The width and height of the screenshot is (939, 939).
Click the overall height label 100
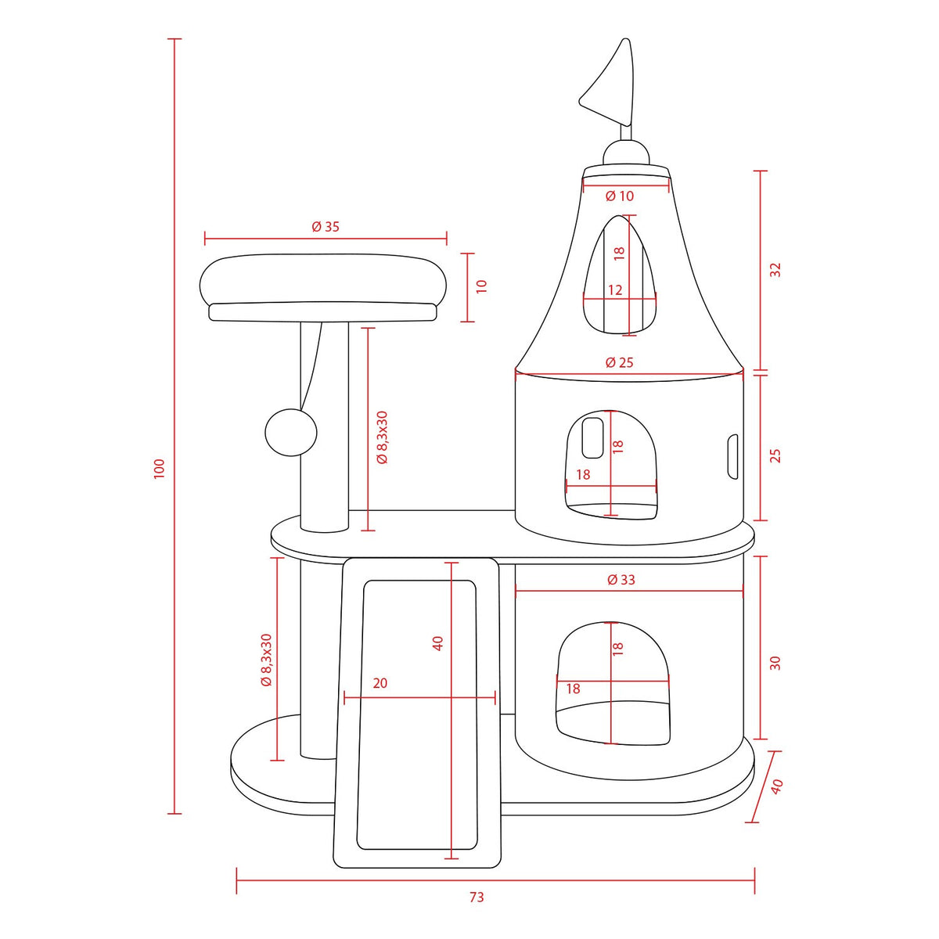tap(160, 468)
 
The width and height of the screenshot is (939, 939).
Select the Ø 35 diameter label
tap(326, 227)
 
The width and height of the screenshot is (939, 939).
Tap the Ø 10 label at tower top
tap(620, 196)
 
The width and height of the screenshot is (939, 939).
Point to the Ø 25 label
tap(619, 362)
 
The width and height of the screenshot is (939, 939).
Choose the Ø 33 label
tap(621, 579)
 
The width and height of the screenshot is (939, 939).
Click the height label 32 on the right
tap(775, 269)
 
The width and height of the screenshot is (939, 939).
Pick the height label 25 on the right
tap(775, 455)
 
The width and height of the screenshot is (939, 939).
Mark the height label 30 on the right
tap(775, 663)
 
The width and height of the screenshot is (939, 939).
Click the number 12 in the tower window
tap(615, 290)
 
